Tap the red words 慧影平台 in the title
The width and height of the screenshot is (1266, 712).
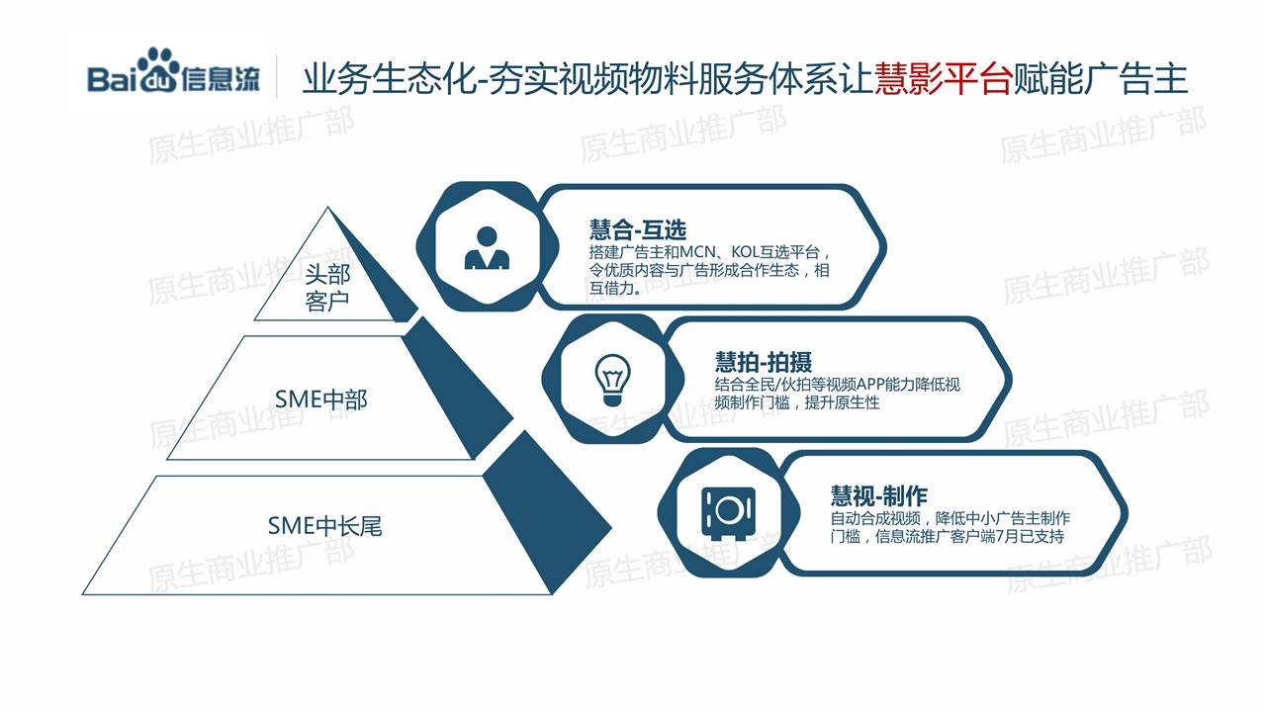[944, 78]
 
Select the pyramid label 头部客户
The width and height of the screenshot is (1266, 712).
[327, 288]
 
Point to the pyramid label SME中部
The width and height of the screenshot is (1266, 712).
[321, 400]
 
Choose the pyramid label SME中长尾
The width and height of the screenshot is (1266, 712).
[325, 526]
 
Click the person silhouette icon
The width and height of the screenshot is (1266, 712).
[487, 247]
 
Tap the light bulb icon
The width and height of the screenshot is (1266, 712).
[612, 380]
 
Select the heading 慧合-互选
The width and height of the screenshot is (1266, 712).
[638, 230]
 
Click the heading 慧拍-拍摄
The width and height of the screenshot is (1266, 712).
[763, 362]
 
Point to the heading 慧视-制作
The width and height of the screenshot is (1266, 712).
[879, 496]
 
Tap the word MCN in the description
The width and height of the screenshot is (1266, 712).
[697, 251]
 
